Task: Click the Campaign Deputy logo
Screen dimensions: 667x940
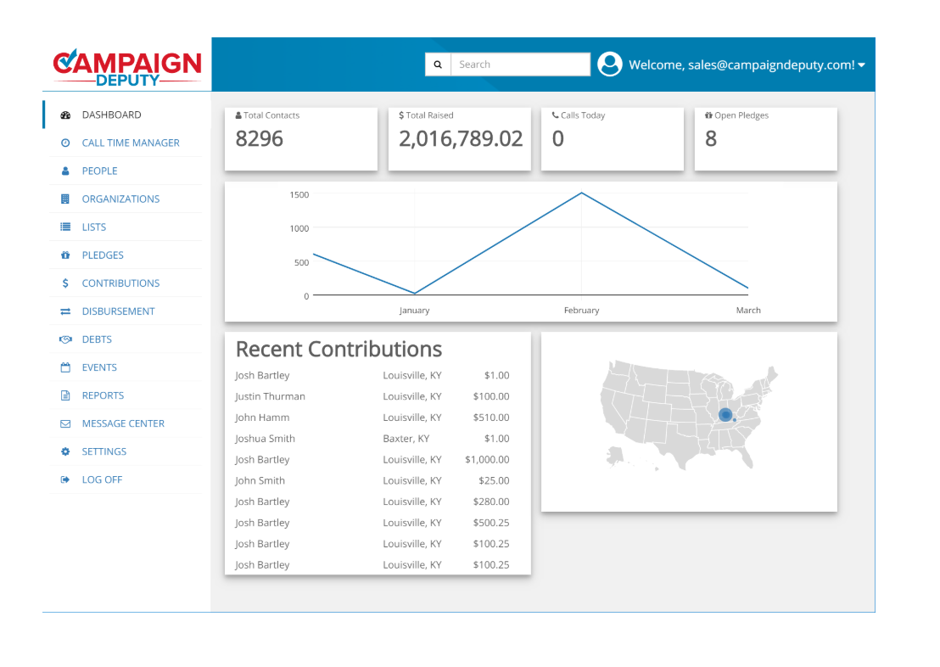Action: [x=126, y=67]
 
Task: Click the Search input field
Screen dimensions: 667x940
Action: [x=520, y=64]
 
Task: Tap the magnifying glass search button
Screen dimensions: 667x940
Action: [x=438, y=64]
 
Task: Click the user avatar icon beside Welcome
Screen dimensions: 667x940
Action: [x=610, y=64]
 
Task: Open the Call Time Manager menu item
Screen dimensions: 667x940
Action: [x=131, y=143]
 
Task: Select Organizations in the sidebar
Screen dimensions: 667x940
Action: [x=120, y=199]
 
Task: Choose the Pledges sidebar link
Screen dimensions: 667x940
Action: [x=103, y=255]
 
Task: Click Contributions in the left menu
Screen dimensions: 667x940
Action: [x=120, y=283]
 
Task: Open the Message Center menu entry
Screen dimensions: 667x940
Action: [x=123, y=423]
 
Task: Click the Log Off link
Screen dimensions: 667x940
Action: [x=102, y=479]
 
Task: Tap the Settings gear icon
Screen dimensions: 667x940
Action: [x=65, y=451]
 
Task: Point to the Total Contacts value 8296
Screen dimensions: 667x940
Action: [x=260, y=139]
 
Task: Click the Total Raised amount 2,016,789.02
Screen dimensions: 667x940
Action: [x=461, y=139]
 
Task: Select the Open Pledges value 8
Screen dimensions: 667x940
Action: [x=711, y=139]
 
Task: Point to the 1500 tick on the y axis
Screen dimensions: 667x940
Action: [x=299, y=194]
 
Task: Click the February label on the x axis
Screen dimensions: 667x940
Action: [x=581, y=311]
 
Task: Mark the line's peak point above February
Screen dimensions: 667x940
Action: [x=581, y=193]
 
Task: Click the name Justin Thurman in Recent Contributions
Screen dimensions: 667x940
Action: [x=270, y=396]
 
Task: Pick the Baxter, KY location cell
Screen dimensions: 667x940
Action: [x=406, y=438]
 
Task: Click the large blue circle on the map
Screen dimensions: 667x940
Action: [x=725, y=414]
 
